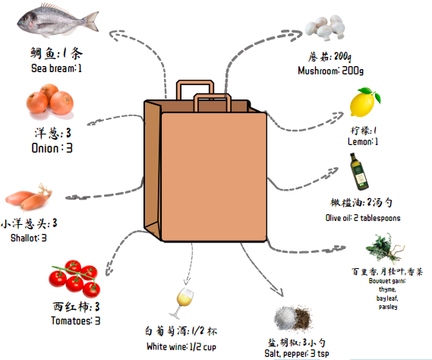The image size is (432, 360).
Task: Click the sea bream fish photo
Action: click(58, 20)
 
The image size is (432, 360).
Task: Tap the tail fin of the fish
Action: click(92, 21)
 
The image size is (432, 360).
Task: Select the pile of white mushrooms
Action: click(326, 27)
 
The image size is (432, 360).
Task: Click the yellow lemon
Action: click(364, 103)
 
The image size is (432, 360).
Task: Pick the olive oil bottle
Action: click(359, 172)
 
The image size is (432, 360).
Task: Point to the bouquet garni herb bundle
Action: click(385, 249)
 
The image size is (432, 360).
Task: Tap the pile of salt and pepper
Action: click(293, 319)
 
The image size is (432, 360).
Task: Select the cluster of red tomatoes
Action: click(74, 279)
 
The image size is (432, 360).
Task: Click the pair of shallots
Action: click(29, 197)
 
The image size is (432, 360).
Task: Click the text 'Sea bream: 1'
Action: click(56, 68)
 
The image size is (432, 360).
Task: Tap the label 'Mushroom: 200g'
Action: click(330, 71)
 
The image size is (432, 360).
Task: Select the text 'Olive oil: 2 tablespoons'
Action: click(363, 218)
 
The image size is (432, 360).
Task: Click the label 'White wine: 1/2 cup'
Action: click(181, 346)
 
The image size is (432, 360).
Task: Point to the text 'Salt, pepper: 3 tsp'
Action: click(297, 353)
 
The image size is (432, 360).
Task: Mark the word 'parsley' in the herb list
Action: click(388, 307)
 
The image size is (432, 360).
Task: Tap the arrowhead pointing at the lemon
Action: click(338, 116)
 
